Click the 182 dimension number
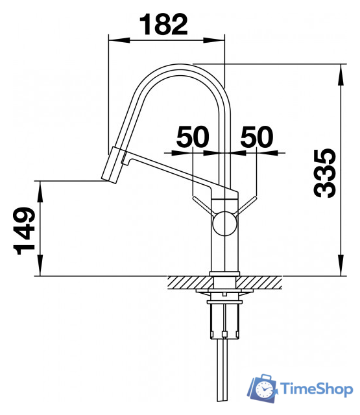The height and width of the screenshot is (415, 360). coord(163,25)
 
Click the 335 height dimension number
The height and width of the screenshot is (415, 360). coord(324,173)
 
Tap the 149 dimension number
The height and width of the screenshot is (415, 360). coord(24,231)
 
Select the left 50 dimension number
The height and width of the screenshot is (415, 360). coord(193,137)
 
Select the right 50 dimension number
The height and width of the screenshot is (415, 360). coord(256,137)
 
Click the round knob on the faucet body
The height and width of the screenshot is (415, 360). coord(224,223)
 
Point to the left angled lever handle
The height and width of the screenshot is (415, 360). coord(202,205)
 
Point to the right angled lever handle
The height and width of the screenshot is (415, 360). coord(246,205)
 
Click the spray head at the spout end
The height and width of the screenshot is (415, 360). coord(112,165)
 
